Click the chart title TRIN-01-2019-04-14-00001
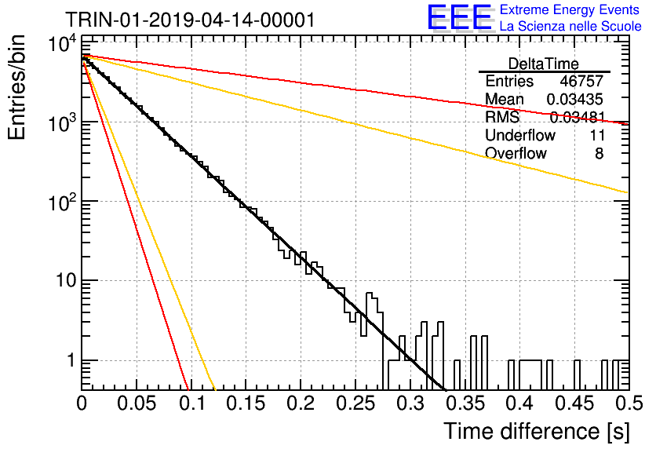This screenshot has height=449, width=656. (191, 20)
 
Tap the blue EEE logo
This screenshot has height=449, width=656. (460, 17)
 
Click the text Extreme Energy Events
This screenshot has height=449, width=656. (570, 9)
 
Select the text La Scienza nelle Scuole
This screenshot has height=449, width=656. (570, 26)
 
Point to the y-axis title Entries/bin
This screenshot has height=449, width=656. (17, 87)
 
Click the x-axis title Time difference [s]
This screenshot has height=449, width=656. (537, 432)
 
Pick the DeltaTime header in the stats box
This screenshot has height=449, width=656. (544, 64)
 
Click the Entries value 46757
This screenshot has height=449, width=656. (581, 81)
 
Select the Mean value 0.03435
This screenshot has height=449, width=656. (575, 99)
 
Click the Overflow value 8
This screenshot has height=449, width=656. (599, 154)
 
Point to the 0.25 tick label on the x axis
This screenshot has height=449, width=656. (355, 403)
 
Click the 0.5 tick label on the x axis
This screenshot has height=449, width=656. (629, 403)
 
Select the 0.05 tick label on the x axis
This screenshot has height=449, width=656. (137, 403)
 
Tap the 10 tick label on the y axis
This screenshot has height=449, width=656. (66, 280)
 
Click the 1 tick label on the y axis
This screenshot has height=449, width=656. (71, 360)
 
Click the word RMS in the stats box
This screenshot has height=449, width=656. (502, 117)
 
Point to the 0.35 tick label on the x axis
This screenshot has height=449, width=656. (465, 403)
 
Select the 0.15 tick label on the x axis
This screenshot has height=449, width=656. (246, 403)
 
